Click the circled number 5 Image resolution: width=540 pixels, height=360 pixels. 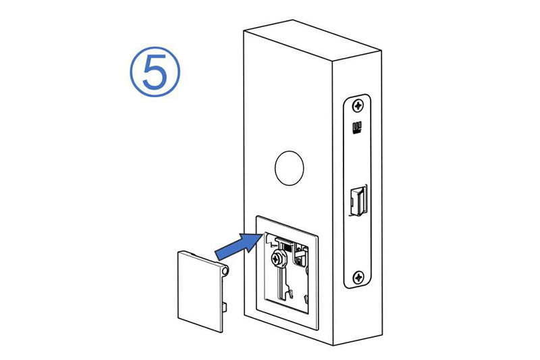click(x=155, y=72)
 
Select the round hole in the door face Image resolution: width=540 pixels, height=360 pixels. click(x=290, y=168)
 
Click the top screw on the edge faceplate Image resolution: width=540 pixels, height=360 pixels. click(x=358, y=105)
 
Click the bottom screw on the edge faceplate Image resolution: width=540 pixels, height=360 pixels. click(x=358, y=277)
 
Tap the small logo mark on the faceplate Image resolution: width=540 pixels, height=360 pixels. click(x=356, y=128)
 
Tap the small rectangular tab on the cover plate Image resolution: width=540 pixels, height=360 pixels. click(x=224, y=307)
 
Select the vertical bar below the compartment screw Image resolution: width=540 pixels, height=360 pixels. click(x=282, y=282)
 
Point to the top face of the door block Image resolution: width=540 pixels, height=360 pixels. click(x=312, y=41)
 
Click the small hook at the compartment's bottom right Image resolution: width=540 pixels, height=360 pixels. click(x=306, y=299)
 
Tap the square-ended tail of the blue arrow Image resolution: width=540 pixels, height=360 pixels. click(x=219, y=255)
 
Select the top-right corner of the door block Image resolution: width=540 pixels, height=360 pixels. click(x=381, y=51)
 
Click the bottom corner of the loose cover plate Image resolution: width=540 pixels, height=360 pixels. click(x=221, y=332)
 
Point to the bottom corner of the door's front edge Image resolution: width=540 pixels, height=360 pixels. click(x=333, y=345)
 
